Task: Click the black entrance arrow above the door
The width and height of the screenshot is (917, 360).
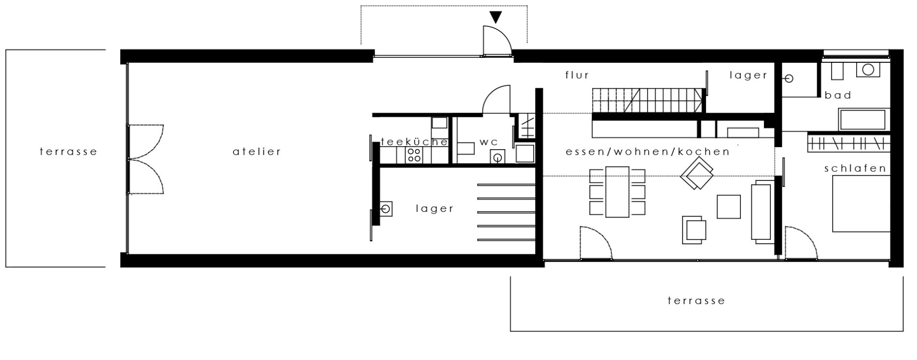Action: [x=495, y=17]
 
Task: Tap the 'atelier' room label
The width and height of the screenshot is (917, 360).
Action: [x=257, y=152]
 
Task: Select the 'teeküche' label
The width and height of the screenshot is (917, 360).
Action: [x=414, y=142]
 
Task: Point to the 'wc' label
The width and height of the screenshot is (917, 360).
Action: [x=488, y=142]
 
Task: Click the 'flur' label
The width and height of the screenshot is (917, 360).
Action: [x=577, y=75]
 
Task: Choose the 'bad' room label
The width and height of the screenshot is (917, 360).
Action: [x=838, y=95]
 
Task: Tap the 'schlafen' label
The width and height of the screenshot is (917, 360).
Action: [x=855, y=168]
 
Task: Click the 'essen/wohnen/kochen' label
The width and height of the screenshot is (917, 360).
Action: [x=647, y=152]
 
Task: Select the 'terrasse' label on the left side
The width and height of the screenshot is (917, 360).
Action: [x=69, y=152]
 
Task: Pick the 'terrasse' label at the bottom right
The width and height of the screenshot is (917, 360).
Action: [x=696, y=301]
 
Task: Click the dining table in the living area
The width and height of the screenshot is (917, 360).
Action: [x=617, y=192]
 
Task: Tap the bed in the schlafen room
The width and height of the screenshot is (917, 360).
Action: [x=861, y=204]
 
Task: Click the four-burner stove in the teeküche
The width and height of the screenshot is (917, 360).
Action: [x=414, y=154]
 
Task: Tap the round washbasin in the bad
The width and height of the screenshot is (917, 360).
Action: [x=868, y=70]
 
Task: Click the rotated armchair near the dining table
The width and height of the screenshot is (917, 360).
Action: [x=696, y=175]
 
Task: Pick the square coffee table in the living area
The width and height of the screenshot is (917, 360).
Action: [x=728, y=207]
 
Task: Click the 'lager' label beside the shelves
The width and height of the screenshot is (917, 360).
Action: [x=435, y=208]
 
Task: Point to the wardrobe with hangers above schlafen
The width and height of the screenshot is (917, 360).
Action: [x=848, y=143]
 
